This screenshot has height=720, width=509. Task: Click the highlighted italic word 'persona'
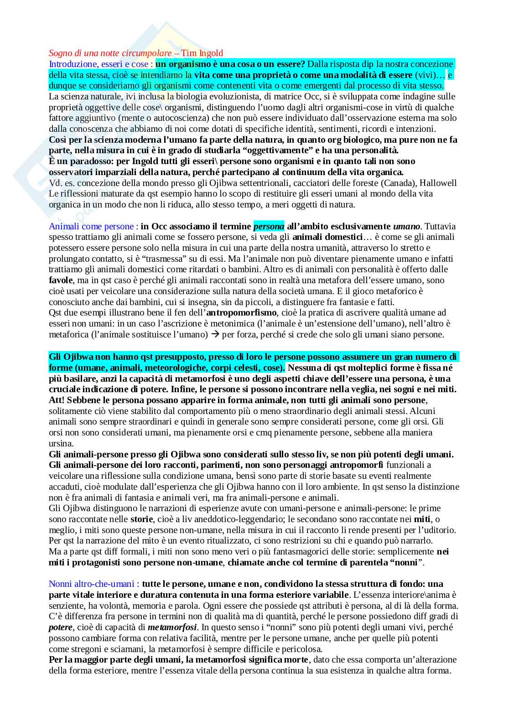tap(269, 226)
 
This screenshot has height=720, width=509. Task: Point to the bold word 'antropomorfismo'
tap(241, 313)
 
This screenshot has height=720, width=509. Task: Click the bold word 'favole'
tap(61, 280)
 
